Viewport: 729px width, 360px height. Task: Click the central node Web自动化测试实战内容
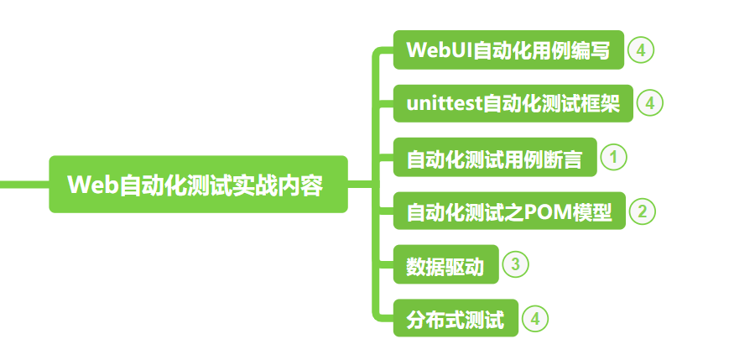point(198,185)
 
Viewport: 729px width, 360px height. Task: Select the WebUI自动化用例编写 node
point(509,50)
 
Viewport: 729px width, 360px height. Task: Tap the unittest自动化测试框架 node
point(513,103)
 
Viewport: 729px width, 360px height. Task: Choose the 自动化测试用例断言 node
point(495,158)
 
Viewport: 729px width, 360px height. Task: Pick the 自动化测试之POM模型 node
point(509,211)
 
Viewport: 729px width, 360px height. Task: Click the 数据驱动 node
point(445,265)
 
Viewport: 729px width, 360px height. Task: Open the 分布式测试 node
point(456,319)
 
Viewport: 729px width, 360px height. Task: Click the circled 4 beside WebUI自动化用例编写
point(641,50)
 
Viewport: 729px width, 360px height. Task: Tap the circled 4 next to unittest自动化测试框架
point(650,103)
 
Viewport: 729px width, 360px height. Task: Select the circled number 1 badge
point(614,157)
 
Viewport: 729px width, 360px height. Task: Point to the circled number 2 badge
point(642,211)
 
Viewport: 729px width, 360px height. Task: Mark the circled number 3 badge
point(515,265)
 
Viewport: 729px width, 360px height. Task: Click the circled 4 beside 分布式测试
point(535,319)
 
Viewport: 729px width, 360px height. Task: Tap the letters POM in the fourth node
point(548,211)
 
